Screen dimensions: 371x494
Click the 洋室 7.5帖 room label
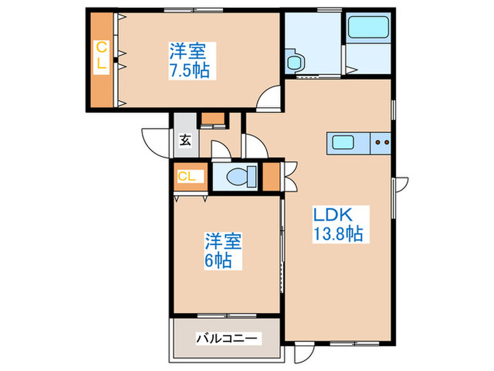188,61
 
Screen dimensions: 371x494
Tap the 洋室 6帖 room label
224,250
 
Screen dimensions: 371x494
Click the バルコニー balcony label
227,338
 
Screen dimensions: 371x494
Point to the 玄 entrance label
185,139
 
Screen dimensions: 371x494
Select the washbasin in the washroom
294,60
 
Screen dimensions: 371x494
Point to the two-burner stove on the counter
382,142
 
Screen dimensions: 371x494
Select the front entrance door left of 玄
156,136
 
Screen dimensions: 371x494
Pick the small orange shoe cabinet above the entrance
212,119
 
